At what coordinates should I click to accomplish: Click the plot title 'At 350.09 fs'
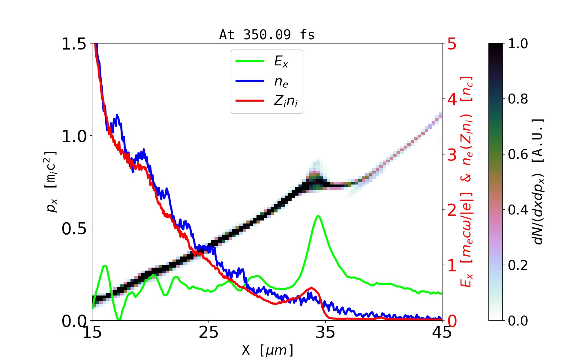(267, 35)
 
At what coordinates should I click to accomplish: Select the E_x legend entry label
(281, 61)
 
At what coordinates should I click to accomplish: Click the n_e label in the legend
(281, 81)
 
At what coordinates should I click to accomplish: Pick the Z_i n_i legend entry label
(286, 101)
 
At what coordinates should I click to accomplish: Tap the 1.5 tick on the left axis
(74, 44)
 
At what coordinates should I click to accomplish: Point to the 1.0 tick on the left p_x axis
(74, 136)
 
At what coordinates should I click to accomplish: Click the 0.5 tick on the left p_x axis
(74, 229)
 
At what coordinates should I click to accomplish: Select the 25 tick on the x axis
(208, 332)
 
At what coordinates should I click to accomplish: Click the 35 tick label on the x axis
(325, 332)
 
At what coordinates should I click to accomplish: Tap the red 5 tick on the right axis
(452, 44)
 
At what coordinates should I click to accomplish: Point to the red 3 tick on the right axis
(452, 155)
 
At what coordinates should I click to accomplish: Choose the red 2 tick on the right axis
(452, 210)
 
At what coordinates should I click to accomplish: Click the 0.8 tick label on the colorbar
(518, 99)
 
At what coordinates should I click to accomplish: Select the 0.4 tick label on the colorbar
(518, 210)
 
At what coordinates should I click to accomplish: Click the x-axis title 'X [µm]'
(268, 350)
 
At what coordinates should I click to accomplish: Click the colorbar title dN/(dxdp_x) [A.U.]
(538, 181)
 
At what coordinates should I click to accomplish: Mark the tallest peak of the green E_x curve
(318, 216)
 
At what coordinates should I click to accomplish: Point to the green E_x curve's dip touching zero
(119, 319)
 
